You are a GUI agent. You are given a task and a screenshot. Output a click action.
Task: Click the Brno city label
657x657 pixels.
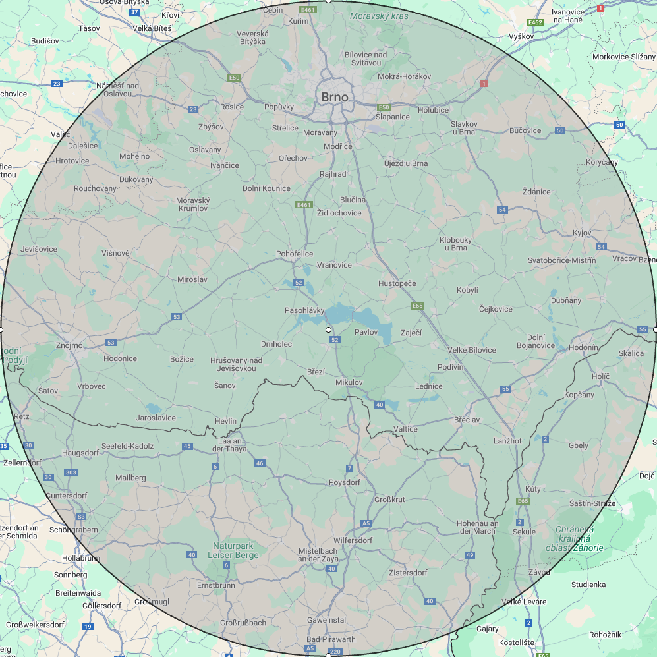[334, 97]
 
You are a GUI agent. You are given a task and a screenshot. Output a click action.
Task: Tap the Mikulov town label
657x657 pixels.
[349, 382]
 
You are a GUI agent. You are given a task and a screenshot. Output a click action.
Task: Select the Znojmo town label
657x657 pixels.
[70, 345]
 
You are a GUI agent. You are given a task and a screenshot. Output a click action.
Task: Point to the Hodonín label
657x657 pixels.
[583, 347]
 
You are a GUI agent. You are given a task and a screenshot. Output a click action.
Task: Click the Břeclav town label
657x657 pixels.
[467, 420]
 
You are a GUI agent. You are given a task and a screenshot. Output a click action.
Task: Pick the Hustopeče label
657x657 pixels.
[397, 283]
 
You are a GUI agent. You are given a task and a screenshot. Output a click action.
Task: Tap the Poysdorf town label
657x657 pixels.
[345, 482]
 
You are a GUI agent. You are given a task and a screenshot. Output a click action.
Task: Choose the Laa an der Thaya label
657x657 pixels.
[228, 445]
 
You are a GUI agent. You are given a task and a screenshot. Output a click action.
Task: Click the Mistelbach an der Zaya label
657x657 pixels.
[318, 554]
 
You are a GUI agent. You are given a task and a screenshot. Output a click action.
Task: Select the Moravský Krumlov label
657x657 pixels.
[192, 204]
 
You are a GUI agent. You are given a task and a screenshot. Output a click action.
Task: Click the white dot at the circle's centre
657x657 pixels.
[328, 329]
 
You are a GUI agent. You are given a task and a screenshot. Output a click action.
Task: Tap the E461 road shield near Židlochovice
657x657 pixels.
[303, 205]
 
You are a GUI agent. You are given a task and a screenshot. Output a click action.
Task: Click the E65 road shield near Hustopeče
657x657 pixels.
[416, 306]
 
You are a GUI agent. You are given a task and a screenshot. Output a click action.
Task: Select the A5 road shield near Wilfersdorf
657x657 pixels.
[366, 523]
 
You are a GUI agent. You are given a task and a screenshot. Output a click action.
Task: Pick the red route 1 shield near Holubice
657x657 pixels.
[484, 84]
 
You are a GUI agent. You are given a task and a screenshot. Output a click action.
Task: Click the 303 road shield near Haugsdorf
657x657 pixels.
[71, 472]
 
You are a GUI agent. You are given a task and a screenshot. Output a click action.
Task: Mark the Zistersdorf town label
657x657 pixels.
[408, 573]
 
